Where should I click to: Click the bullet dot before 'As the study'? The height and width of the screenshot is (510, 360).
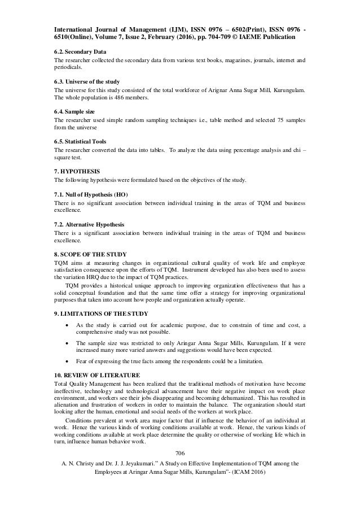pos(68,326)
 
